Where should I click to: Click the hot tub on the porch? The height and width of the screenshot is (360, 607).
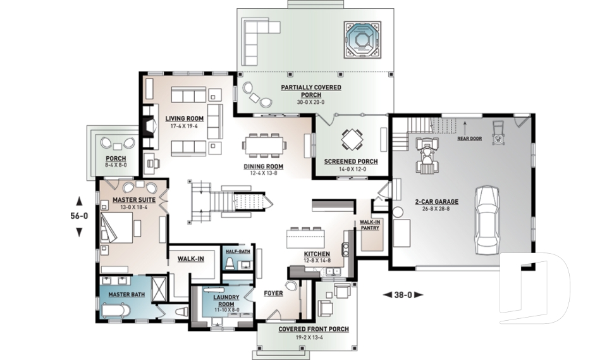[363, 39]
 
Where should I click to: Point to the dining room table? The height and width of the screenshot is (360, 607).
[264, 144]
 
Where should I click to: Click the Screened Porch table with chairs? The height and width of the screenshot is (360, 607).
[350, 139]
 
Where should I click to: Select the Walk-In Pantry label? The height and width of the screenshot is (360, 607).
[369, 225]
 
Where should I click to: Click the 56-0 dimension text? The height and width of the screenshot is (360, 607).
[79, 216]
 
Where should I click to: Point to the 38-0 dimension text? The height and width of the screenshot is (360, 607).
[403, 294]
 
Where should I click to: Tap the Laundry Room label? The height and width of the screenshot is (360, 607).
[224, 300]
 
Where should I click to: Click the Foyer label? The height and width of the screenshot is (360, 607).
[273, 294]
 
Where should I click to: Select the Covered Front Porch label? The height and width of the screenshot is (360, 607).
[314, 330]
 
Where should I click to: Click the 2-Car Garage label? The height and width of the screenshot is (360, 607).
[437, 202]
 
